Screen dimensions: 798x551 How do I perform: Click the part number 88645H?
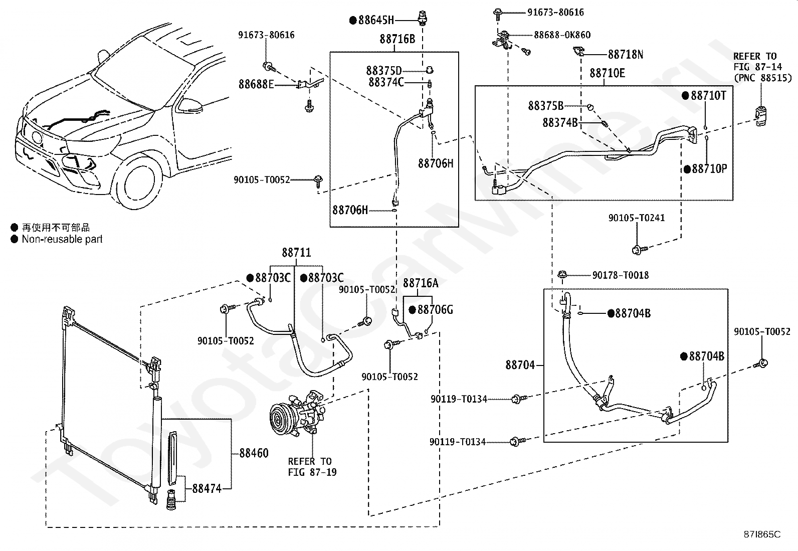click(376, 21)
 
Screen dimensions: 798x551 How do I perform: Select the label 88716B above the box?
click(397, 39)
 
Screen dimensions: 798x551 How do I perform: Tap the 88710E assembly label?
click(607, 73)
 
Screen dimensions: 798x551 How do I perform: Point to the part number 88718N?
click(626, 55)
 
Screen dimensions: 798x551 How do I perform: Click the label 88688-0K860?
click(562, 35)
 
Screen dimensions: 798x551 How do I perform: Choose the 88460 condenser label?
click(254, 453)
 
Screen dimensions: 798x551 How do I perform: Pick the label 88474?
click(207, 489)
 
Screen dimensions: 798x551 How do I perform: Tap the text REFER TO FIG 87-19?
click(312, 467)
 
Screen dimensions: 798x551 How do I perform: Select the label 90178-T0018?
click(620, 275)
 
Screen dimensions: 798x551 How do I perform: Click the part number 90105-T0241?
click(636, 218)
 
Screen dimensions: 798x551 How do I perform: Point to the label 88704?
click(520, 365)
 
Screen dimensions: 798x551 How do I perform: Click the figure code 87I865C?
click(762, 534)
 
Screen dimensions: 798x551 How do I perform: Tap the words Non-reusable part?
click(62, 239)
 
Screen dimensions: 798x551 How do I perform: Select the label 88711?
click(296, 253)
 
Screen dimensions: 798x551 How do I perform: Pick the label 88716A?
click(421, 283)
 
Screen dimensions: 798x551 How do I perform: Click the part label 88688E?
click(256, 84)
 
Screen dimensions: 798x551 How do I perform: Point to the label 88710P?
click(709, 169)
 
